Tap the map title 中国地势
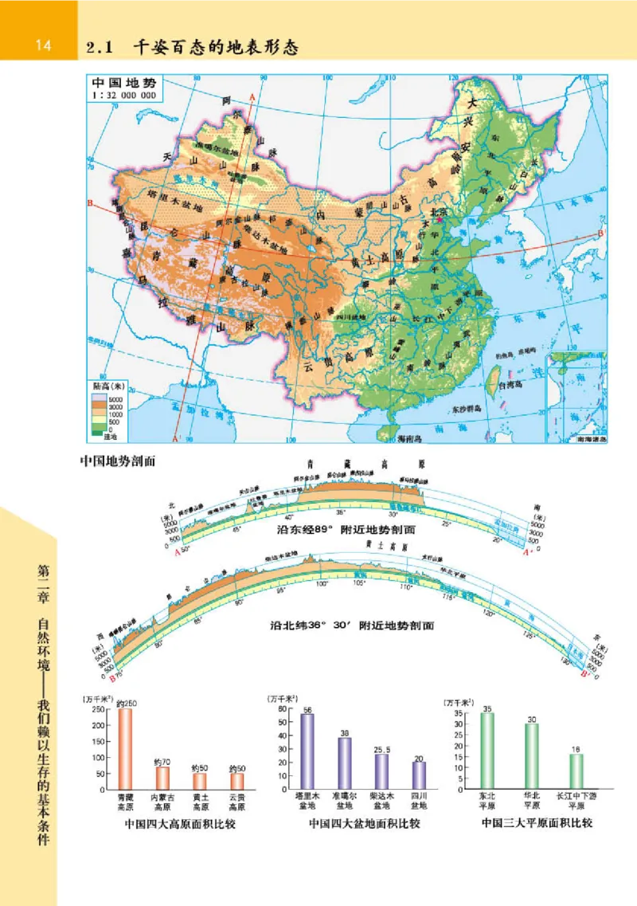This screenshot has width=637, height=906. click(x=123, y=83)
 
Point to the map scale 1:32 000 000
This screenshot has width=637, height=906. click(x=126, y=95)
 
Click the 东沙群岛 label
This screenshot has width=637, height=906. click(x=469, y=408)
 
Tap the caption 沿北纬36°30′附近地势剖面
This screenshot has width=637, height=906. click(x=352, y=626)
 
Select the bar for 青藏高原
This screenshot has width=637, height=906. click(x=125, y=748)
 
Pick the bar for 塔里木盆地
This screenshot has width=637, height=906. click(x=307, y=751)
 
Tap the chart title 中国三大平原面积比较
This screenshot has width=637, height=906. click(x=538, y=822)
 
